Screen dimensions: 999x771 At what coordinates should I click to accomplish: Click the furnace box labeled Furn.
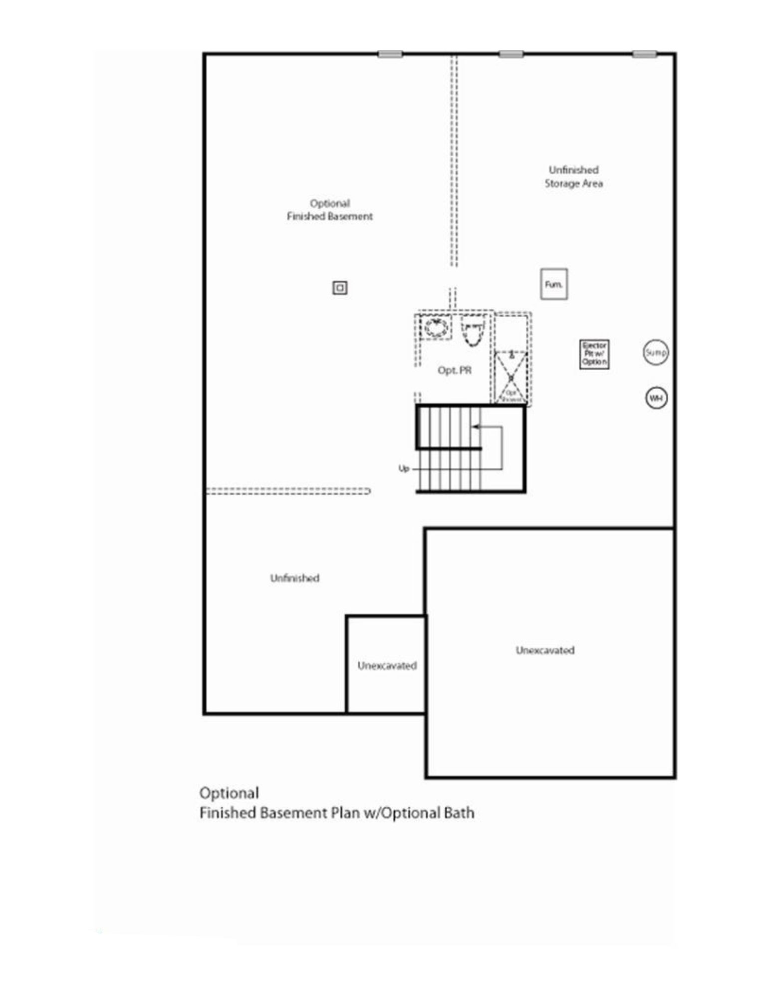coord(553,284)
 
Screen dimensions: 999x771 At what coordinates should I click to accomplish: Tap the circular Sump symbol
coord(655,353)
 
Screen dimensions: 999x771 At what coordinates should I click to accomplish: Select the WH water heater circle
coord(656,398)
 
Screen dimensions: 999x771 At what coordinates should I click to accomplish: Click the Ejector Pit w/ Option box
coord(594,354)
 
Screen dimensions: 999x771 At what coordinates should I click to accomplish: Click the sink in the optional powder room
coord(436,327)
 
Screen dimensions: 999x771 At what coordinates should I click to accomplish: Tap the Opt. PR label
coord(454,370)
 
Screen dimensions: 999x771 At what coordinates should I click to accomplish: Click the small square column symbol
coord(340,288)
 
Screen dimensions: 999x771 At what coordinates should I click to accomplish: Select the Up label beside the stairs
coord(404,469)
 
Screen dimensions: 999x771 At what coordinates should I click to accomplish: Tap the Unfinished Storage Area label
coord(573,177)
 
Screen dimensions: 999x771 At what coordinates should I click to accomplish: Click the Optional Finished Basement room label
coord(329,210)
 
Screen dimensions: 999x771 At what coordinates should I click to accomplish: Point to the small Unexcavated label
coord(387,666)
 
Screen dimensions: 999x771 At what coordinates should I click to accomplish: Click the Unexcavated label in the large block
coord(545,650)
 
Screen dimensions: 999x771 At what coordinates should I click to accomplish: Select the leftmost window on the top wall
coord(390,54)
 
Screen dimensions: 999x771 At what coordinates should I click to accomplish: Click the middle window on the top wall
coord(511,54)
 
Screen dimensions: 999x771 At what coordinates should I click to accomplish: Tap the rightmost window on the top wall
coord(644,54)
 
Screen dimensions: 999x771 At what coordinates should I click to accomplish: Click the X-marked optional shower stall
coord(511,377)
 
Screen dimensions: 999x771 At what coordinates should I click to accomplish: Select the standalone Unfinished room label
coord(294,578)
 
